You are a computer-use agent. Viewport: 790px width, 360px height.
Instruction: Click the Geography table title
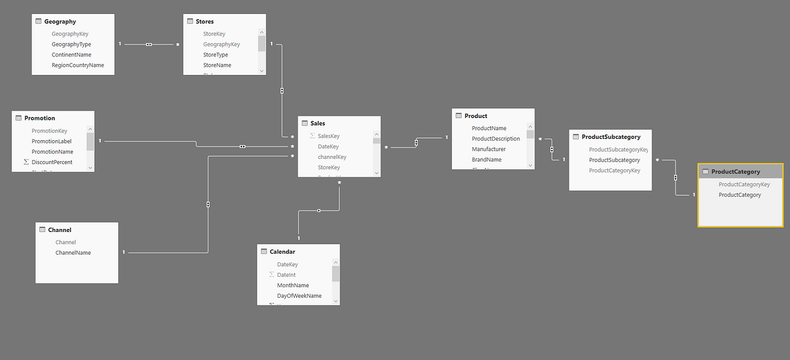point(60,22)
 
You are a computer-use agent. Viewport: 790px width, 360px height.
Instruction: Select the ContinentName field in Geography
point(72,55)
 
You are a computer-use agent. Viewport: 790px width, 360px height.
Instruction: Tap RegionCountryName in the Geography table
point(78,65)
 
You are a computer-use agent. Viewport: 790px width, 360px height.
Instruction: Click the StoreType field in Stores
point(215,55)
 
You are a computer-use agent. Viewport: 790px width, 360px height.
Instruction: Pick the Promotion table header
point(40,118)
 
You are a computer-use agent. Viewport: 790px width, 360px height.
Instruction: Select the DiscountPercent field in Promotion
point(52,162)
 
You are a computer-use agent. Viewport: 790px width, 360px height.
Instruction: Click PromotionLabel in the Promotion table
point(52,141)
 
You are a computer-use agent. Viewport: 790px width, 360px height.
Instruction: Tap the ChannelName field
point(73,253)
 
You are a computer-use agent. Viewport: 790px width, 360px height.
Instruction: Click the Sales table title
point(318,123)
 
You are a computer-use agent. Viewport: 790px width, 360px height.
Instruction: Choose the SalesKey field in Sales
point(329,136)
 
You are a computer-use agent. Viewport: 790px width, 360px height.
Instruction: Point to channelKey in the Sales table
point(332,157)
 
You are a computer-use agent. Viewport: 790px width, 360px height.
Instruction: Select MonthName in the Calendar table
point(293,286)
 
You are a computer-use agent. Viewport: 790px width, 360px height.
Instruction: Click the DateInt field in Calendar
point(286,275)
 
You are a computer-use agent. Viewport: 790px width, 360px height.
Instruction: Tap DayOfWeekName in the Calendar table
point(299,296)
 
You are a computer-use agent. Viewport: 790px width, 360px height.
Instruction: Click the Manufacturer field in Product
point(489,149)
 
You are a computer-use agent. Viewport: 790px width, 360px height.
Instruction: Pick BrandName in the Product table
point(486,160)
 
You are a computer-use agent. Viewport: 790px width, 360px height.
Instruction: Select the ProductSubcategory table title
point(611,137)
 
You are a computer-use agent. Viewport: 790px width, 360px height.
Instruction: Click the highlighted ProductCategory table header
point(735,172)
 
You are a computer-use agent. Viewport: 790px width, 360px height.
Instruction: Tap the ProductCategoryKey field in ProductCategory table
point(744,184)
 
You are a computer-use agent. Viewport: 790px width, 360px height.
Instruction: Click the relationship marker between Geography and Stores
point(149,44)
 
